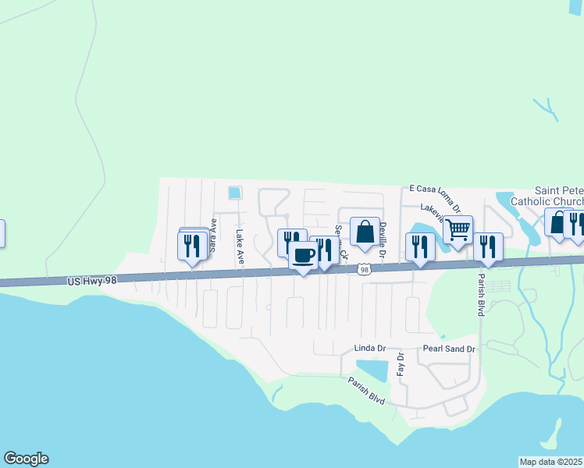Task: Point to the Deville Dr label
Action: point(383,240)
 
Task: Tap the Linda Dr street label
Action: point(370,347)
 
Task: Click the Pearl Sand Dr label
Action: point(449,349)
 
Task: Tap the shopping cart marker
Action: point(458,229)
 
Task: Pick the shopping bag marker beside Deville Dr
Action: point(365,231)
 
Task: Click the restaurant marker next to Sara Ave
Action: point(193,246)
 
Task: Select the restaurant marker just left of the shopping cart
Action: point(420,246)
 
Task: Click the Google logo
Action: point(26,459)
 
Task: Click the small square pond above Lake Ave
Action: point(233,192)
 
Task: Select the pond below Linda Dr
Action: point(372,369)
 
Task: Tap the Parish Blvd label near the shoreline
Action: point(367,391)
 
